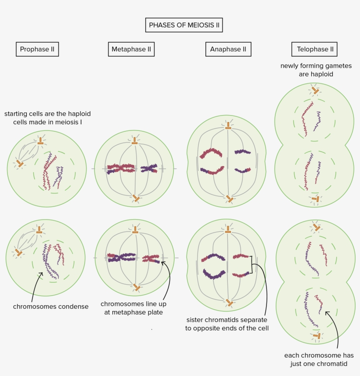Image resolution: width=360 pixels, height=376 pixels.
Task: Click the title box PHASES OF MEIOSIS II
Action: [184, 25]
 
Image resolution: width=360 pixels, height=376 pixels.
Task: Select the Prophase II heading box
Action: [37, 49]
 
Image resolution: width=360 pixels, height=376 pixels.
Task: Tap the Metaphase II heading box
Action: [131, 49]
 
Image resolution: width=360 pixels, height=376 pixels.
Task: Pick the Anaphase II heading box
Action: [228, 49]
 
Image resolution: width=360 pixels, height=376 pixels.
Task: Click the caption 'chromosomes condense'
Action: [50, 307]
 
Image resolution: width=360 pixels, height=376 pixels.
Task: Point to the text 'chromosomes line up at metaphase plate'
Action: [133, 308]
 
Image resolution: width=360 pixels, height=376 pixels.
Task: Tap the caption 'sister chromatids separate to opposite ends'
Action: [226, 324]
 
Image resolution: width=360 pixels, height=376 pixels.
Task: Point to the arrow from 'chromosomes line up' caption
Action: [167, 281]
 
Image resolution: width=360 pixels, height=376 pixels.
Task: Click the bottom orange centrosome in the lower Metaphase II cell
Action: [137, 288]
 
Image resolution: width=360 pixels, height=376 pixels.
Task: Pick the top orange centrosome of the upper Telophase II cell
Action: [315, 90]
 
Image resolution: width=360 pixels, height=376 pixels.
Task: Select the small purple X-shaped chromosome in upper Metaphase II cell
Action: [149, 168]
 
